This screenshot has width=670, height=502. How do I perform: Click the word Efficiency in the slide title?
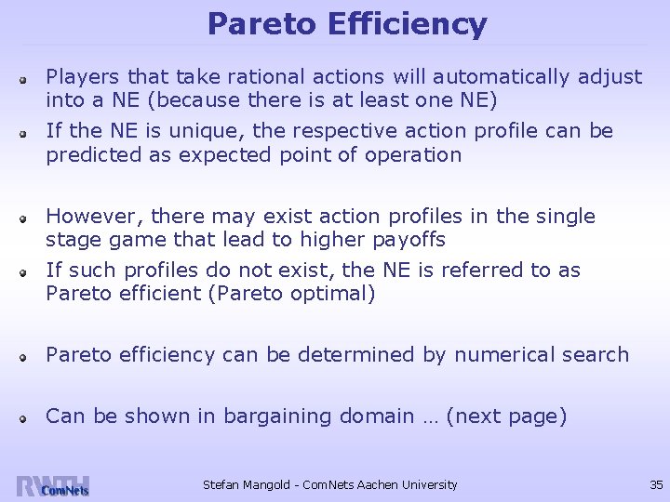pos(407,24)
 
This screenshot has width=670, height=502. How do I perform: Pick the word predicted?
pos(94,155)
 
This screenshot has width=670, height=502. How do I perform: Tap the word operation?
pos(417,155)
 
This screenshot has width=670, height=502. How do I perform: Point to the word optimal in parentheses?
pos(330,295)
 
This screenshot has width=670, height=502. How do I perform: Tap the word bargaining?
pos(278,416)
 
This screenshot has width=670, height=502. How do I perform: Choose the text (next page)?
pos(506,416)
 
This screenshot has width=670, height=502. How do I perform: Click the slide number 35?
pos(655,484)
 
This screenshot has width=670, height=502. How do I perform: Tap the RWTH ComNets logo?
pos(52,486)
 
